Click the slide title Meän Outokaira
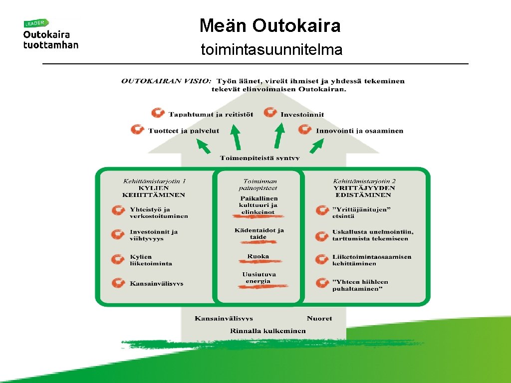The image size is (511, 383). (270, 25)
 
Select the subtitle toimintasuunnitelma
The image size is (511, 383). (271, 50)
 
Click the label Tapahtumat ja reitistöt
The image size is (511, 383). (211, 114)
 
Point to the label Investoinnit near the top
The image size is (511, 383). (302, 114)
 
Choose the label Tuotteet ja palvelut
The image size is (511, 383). (184, 131)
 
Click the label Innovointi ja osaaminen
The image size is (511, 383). (359, 131)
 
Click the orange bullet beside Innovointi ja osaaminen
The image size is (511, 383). (305, 130)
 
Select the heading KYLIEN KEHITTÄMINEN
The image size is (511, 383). (154, 191)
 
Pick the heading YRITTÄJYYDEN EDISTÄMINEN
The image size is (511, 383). (364, 191)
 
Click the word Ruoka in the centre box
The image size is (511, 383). (258, 257)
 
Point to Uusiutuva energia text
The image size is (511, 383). (258, 278)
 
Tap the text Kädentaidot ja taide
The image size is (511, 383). (259, 233)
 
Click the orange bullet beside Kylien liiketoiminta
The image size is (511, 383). (118, 259)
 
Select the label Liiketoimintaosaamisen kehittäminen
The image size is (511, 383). (372, 260)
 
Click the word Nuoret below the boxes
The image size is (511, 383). (319, 318)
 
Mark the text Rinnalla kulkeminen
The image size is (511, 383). (268, 331)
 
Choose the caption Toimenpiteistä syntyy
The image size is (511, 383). (260, 158)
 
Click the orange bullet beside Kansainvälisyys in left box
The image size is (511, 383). (118, 283)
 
